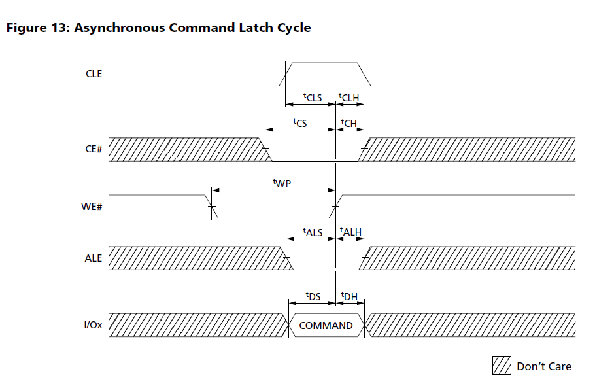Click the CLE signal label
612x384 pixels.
pyautogui.click(x=94, y=74)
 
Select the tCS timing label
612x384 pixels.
pyautogui.click(x=299, y=122)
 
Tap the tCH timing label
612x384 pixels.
pyautogui.click(x=348, y=122)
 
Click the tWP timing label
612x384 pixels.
pyautogui.click(x=281, y=184)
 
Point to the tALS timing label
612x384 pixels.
pyautogui.click(x=313, y=232)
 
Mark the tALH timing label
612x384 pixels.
pyautogui.click(x=350, y=232)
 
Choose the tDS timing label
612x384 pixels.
pyautogui.click(x=313, y=296)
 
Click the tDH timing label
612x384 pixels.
pyautogui.click(x=349, y=296)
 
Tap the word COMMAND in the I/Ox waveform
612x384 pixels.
pyautogui.click(x=326, y=326)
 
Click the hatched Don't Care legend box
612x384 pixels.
pyautogui.click(x=501, y=366)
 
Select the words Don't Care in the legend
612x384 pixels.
pyautogui.click(x=544, y=366)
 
